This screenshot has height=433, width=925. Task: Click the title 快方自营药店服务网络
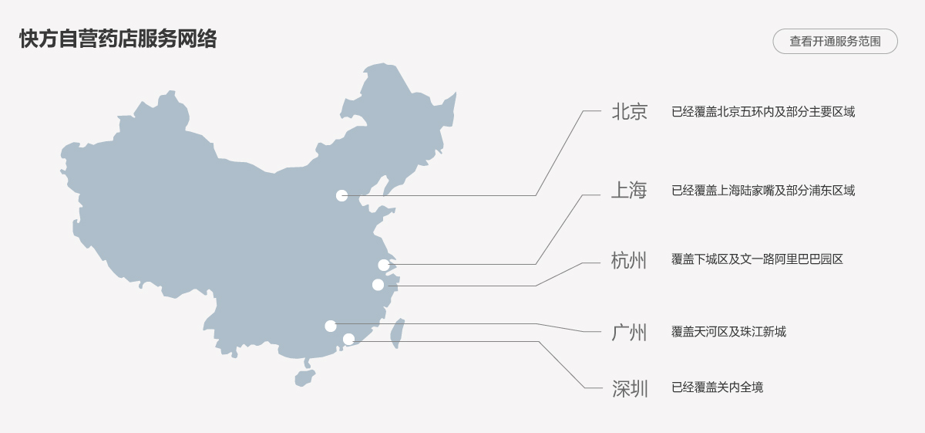click(x=118, y=39)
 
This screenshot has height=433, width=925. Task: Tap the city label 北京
click(x=629, y=112)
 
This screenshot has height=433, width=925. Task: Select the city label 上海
click(x=629, y=191)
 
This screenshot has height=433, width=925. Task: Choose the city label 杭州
click(x=629, y=260)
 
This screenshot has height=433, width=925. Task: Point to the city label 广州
click(x=629, y=333)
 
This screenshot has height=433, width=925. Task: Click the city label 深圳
click(x=630, y=388)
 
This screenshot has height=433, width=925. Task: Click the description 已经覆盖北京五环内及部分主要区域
click(x=763, y=112)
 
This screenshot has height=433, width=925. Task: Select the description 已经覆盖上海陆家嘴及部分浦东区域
click(x=763, y=191)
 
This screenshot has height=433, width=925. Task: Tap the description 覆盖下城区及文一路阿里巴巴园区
click(x=757, y=259)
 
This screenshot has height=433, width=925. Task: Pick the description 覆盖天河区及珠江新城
click(x=728, y=332)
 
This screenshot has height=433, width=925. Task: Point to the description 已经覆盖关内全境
click(x=717, y=387)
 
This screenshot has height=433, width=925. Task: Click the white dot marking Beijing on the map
click(x=342, y=195)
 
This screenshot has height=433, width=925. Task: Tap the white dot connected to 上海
click(x=384, y=265)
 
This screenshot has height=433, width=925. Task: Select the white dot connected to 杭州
click(x=378, y=285)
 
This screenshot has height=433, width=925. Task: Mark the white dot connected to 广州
click(x=331, y=326)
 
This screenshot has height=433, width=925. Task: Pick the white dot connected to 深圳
click(x=348, y=339)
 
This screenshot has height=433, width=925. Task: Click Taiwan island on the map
click(x=398, y=332)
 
